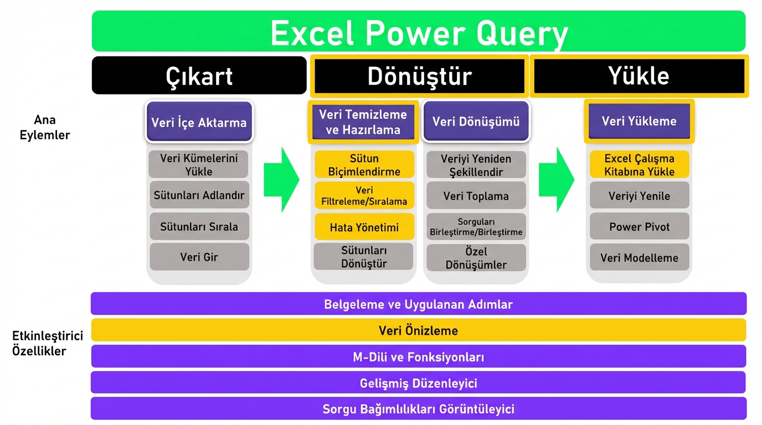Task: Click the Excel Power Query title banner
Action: [x=418, y=32]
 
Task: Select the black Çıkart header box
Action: [x=199, y=75]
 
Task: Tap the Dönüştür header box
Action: [x=419, y=75]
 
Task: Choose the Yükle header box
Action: [x=639, y=75]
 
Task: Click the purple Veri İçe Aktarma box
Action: [x=199, y=122]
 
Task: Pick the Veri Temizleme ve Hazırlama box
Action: [x=363, y=122]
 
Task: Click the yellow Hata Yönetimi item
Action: [x=364, y=227]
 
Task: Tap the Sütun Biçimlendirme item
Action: [x=364, y=165]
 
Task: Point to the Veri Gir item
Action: [x=199, y=257]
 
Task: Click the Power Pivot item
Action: [x=639, y=227]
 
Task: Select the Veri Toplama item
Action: [x=476, y=196]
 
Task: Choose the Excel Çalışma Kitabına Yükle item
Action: [x=639, y=165]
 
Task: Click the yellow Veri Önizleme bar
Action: [x=418, y=330]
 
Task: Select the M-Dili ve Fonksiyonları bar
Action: [x=418, y=357]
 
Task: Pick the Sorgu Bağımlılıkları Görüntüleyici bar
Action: [x=418, y=409]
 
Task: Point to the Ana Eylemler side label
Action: [x=45, y=127]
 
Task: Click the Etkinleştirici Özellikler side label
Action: [x=47, y=343]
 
